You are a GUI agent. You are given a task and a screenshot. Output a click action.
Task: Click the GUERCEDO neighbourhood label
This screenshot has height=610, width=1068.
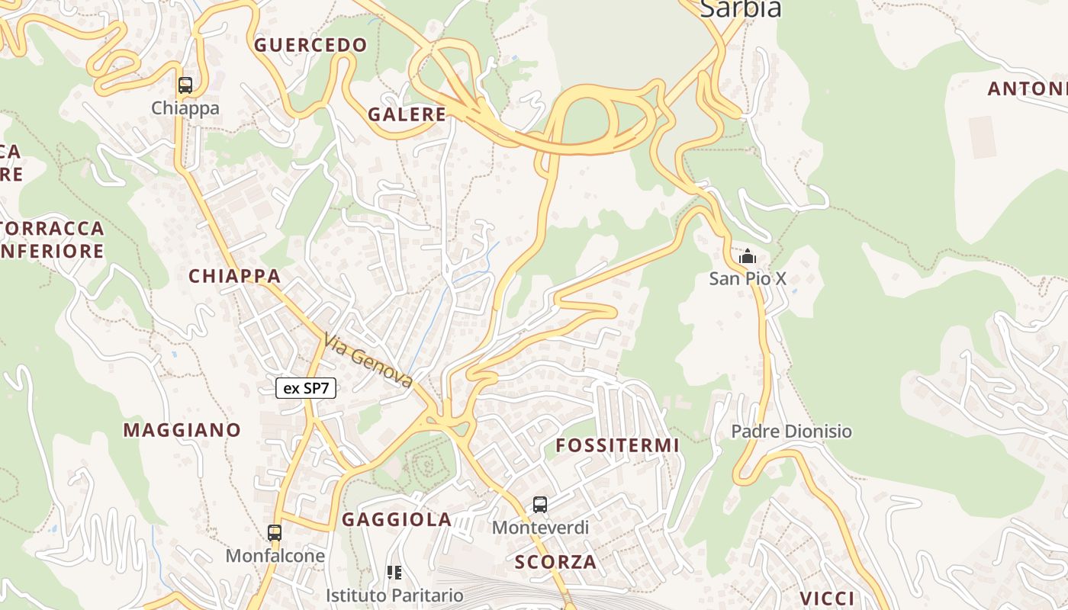coord(310,45)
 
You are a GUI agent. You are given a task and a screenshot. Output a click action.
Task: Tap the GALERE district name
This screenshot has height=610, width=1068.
coord(407,114)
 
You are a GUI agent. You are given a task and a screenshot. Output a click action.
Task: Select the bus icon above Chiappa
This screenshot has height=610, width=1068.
coord(185,85)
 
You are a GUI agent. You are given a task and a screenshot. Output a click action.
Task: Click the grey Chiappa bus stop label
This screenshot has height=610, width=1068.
coord(185,108)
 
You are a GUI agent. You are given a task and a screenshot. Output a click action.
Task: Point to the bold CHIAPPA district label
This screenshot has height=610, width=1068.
coord(234,276)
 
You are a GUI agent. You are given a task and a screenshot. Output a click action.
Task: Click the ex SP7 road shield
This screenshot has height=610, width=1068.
coord(306,388)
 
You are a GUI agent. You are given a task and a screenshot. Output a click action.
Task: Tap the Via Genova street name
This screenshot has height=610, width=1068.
coord(368,361)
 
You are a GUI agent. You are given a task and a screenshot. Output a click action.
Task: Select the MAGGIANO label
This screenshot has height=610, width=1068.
coord(182,430)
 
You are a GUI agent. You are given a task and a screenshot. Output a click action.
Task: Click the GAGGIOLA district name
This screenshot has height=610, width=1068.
coord(397,520)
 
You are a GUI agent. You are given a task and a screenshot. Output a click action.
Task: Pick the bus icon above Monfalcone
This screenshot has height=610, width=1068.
coord(275,533)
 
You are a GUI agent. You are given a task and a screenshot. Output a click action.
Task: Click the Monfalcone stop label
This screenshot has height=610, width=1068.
coord(275,556)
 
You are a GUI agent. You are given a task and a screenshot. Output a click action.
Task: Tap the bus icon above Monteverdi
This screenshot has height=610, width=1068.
coord(540,504)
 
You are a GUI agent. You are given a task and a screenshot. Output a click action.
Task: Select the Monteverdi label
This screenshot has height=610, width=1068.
coord(540,527)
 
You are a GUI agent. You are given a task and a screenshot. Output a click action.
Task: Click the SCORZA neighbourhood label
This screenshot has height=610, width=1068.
coord(555,563)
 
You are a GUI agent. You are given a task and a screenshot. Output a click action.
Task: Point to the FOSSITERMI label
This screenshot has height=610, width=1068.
coord(617,445)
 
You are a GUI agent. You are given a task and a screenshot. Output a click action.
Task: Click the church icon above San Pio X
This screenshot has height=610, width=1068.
coord(748,256)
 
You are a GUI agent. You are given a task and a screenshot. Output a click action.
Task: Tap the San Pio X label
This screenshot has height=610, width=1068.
coord(748,278)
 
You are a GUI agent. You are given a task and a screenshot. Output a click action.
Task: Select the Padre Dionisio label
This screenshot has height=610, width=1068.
coord(791,432)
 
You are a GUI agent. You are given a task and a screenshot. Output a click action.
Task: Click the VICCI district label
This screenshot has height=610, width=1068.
coord(828,598)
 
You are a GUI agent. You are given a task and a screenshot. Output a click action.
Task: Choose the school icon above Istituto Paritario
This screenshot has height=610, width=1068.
coord(394,572)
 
